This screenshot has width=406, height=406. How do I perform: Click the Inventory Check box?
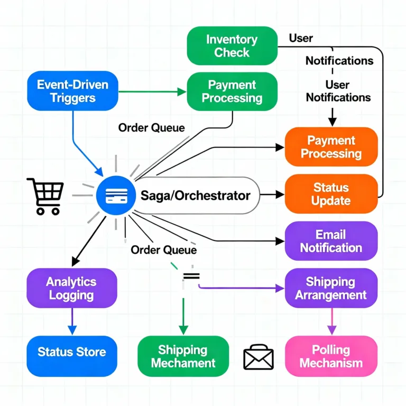[232, 46]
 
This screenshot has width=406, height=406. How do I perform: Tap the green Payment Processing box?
[232, 91]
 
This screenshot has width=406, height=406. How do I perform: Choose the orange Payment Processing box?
[331, 146]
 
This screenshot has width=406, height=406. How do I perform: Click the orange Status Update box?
[331, 193]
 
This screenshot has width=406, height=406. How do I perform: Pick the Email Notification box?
[331, 241]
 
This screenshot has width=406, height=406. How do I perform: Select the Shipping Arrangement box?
[331, 288]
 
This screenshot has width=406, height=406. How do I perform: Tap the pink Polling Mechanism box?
[331, 356]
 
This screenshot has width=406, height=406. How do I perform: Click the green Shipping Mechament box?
[183, 356]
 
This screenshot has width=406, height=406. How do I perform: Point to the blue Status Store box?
[72, 352]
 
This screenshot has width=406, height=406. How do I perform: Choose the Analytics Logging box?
[72, 288]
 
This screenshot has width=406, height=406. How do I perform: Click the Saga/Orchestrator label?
[196, 196]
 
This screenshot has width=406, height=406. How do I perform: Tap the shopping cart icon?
[45, 196]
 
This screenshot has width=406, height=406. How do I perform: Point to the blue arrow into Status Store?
[72, 321]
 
